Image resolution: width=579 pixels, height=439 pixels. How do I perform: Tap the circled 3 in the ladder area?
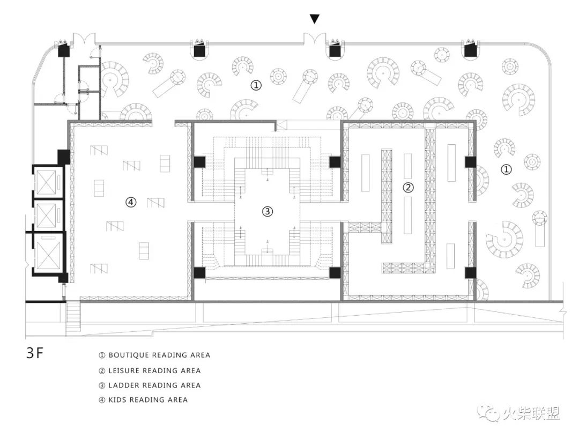(268, 212)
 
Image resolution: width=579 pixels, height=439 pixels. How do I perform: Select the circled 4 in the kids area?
(131, 202)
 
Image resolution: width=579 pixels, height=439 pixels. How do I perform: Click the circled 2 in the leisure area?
(407, 188)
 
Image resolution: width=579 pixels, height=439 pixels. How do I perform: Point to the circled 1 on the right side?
(506, 169)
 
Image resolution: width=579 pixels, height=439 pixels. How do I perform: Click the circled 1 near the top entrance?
(256, 85)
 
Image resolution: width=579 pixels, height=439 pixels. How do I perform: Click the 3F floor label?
(35, 353)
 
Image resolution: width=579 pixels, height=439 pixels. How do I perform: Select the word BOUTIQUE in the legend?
(129, 355)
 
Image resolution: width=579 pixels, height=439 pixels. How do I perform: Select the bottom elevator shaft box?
(47, 252)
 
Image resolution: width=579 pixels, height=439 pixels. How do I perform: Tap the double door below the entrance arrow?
(315, 38)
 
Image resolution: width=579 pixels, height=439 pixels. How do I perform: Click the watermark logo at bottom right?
(519, 413)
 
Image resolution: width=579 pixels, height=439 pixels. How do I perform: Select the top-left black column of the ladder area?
(199, 162)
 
